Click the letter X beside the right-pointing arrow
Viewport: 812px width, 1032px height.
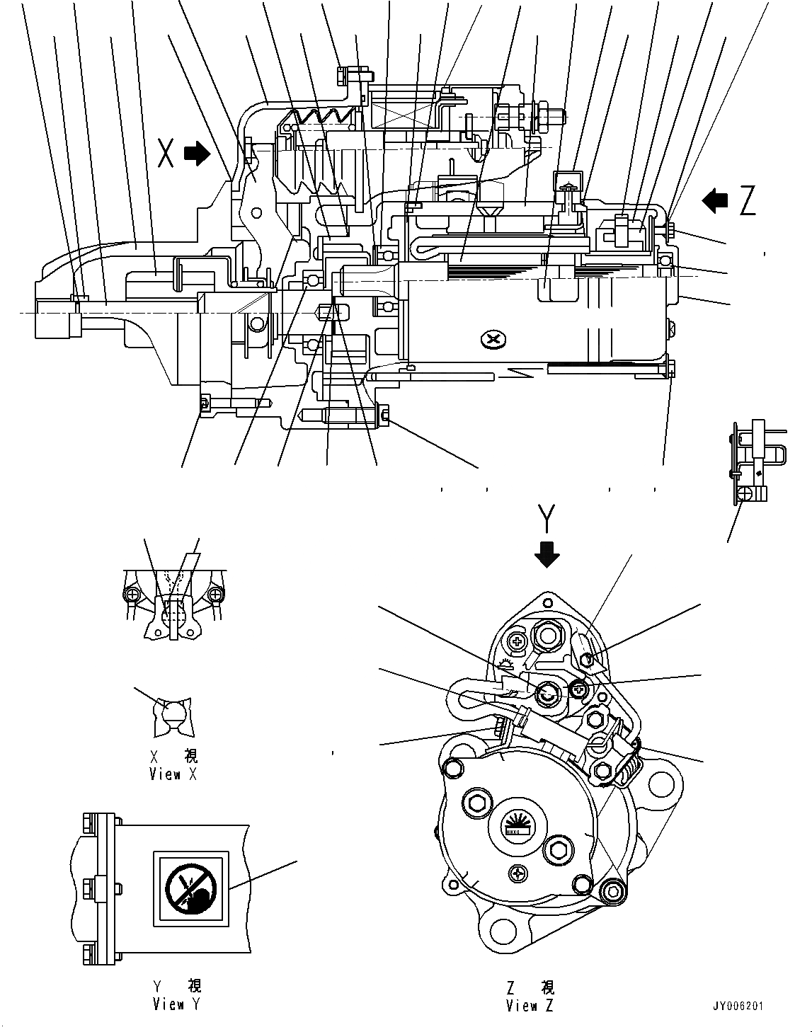166,153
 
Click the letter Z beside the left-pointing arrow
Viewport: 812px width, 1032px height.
747,201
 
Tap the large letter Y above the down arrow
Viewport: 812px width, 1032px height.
544,519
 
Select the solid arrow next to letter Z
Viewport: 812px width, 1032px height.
715,201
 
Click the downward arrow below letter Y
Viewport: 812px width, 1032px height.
546,554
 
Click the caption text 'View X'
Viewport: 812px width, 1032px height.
173,774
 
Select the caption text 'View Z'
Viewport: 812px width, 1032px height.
530,1007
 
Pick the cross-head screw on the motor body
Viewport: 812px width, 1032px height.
493,340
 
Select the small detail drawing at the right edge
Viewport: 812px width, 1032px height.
754,460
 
